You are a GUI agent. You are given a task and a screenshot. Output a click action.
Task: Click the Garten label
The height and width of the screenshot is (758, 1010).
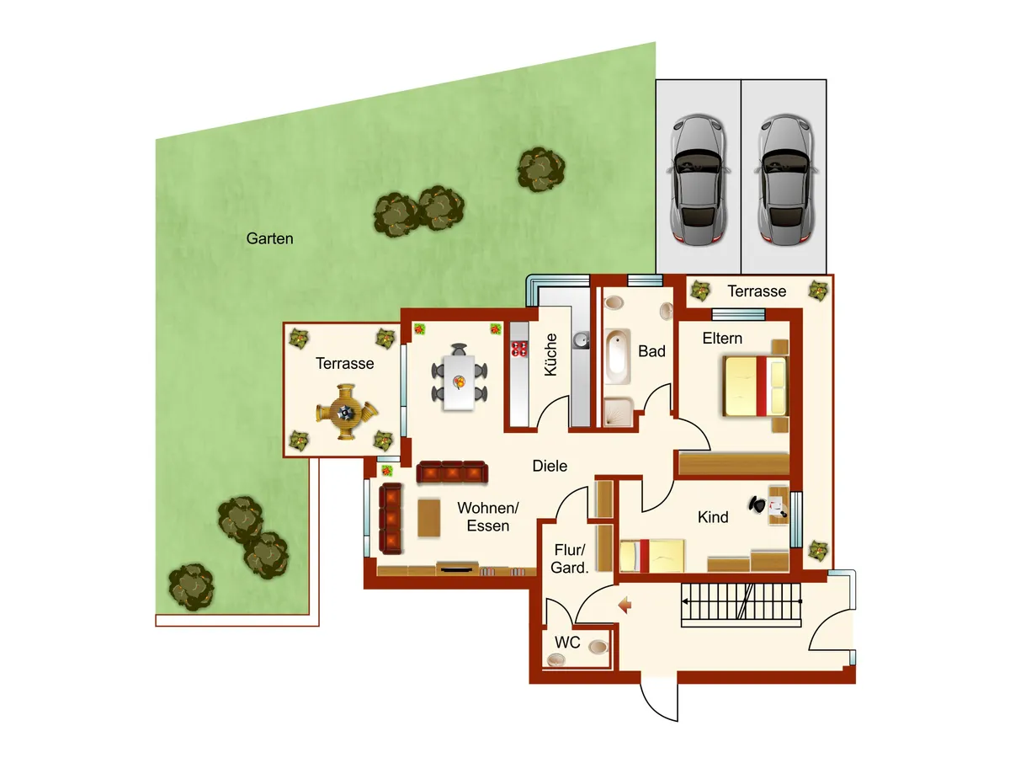269,238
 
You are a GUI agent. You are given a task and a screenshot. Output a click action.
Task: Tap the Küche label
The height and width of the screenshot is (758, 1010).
551,355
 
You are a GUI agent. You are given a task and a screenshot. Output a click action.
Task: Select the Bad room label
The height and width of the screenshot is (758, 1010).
651,351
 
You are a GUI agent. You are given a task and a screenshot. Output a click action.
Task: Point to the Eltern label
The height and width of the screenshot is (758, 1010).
723,339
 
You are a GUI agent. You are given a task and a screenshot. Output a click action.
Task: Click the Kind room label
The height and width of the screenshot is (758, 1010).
713,517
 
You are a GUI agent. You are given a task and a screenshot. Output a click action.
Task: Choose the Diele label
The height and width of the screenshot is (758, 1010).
550,466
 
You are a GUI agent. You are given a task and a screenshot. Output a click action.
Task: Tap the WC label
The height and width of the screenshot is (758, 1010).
568,642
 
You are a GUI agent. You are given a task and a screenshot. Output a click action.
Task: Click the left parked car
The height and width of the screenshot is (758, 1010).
699,179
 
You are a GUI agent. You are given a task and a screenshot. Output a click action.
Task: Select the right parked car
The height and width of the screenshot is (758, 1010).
784,179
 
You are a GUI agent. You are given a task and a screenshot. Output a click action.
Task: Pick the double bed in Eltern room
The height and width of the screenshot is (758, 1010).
756,386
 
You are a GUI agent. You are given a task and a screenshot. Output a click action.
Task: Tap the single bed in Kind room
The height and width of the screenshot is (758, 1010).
653,556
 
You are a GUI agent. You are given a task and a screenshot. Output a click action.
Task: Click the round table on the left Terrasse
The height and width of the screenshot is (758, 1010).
346,412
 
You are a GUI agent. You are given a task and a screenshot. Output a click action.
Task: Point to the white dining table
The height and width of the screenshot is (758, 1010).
459,382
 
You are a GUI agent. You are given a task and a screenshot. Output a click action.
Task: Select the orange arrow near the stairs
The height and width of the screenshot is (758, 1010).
625,604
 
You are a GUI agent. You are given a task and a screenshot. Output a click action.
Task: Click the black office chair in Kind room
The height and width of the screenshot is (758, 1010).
758,504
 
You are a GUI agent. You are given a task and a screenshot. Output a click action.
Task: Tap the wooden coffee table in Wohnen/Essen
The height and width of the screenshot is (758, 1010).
428,518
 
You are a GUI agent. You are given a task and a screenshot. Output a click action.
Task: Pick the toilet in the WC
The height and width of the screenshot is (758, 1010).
598,648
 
